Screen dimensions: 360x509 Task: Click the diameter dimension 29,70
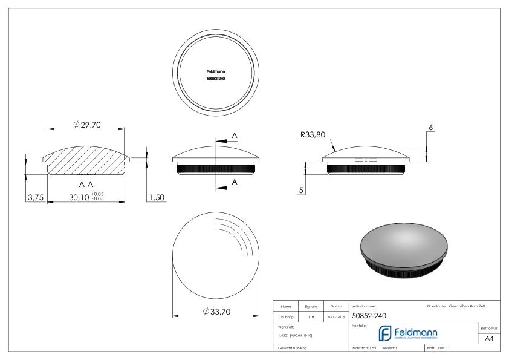[86, 124]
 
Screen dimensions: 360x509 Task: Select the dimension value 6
[430, 128]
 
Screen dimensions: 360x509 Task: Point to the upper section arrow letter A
[234, 134]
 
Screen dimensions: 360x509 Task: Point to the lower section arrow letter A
[234, 182]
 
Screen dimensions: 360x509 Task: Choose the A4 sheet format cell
[490, 339]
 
